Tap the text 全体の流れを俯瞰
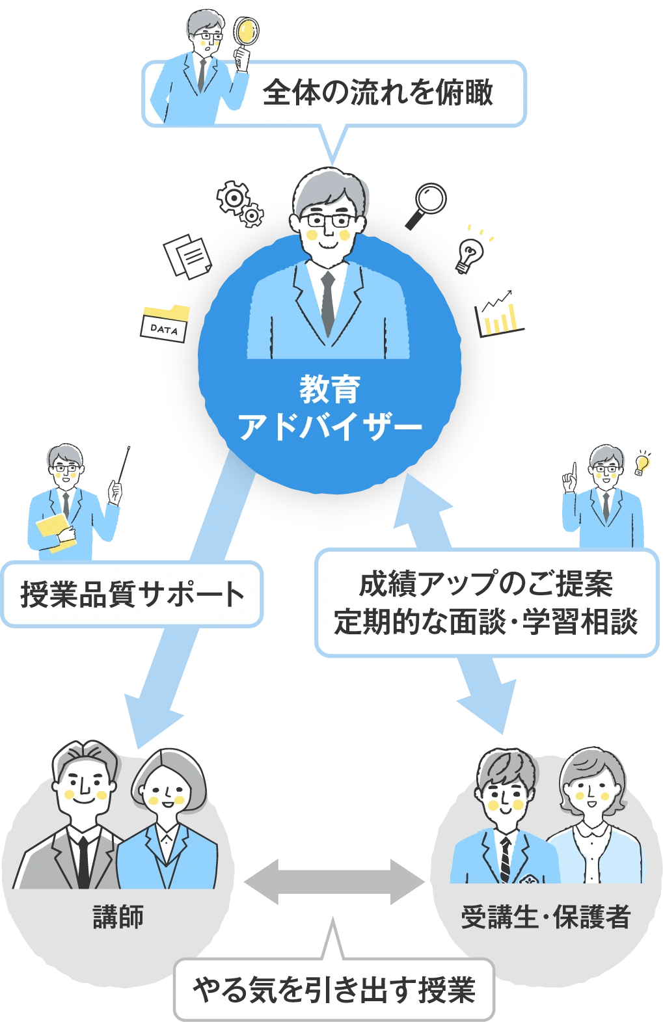pyautogui.click(x=378, y=92)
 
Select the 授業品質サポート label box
pyautogui.click(x=132, y=594)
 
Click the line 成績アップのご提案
pyautogui.click(x=485, y=584)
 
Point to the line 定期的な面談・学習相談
pyautogui.click(x=485, y=621)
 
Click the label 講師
pyautogui.click(x=118, y=917)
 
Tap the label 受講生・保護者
pyautogui.click(x=545, y=917)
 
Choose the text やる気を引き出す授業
pyautogui.click(x=334, y=989)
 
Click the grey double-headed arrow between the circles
pyautogui.click(x=331, y=882)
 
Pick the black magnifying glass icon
pyautogui.click(x=426, y=204)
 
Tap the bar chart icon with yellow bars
pyautogui.click(x=500, y=316)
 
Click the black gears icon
pyautogui.click(x=239, y=201)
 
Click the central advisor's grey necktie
pyautogui.click(x=328, y=303)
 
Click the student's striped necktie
pyautogui.click(x=505, y=859)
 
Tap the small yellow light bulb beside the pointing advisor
pyautogui.click(x=642, y=463)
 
